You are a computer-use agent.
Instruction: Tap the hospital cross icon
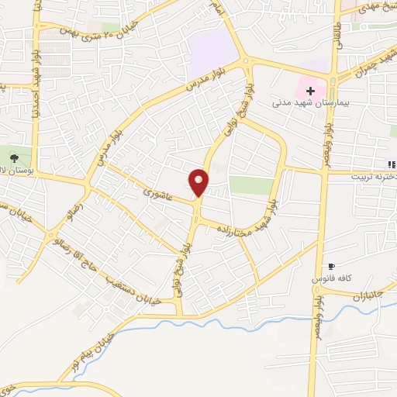tap(310, 91)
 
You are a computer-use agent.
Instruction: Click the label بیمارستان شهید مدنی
tap(309, 102)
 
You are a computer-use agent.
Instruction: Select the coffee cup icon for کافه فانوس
tap(332, 266)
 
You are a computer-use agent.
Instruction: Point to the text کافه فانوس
tap(332, 277)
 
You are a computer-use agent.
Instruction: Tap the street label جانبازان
tap(359, 294)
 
